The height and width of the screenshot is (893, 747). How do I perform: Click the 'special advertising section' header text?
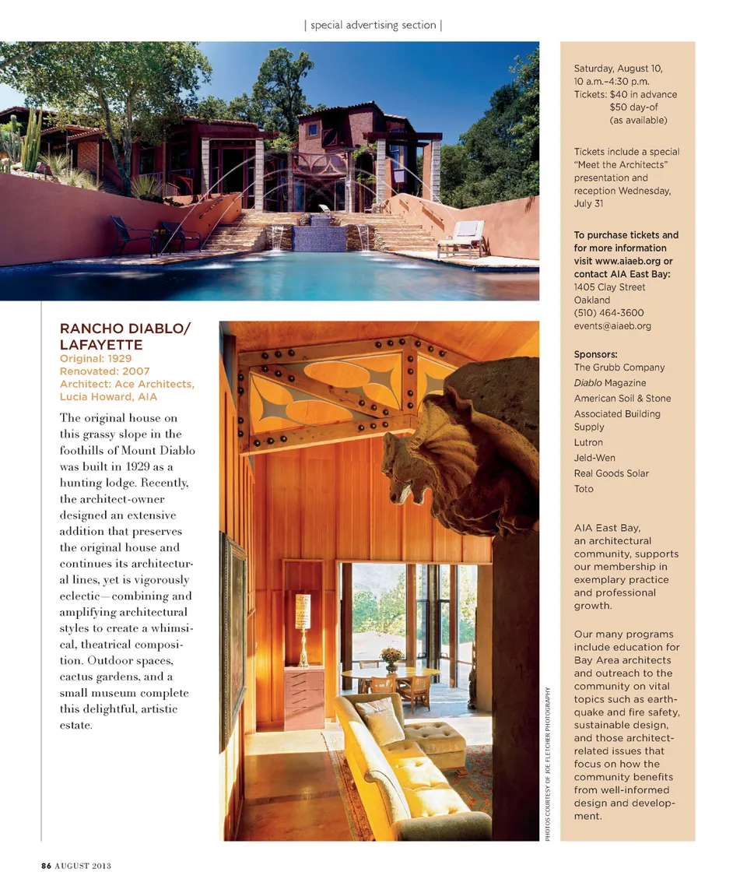(373, 25)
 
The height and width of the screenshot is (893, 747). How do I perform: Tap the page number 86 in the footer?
(46, 865)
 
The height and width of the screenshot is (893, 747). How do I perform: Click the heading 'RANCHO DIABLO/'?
(124, 329)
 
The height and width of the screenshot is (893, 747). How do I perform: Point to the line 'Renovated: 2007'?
(104, 371)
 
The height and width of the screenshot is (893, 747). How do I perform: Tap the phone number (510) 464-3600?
(608, 313)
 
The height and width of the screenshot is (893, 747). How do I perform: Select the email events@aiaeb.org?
(612, 326)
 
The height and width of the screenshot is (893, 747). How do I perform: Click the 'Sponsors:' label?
(595, 353)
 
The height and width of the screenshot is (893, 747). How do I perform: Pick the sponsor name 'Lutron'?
(588, 442)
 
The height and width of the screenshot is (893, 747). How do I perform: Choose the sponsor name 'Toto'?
(584, 489)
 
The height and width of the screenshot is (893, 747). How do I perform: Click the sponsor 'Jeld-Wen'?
(594, 458)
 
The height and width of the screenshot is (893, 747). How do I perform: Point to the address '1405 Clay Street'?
(609, 287)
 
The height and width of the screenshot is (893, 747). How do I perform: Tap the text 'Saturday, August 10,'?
(618, 69)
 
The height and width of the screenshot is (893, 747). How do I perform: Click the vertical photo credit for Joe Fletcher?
(548, 762)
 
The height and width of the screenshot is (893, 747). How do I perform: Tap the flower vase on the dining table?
(392, 658)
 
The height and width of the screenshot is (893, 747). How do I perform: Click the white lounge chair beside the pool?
(462, 238)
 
